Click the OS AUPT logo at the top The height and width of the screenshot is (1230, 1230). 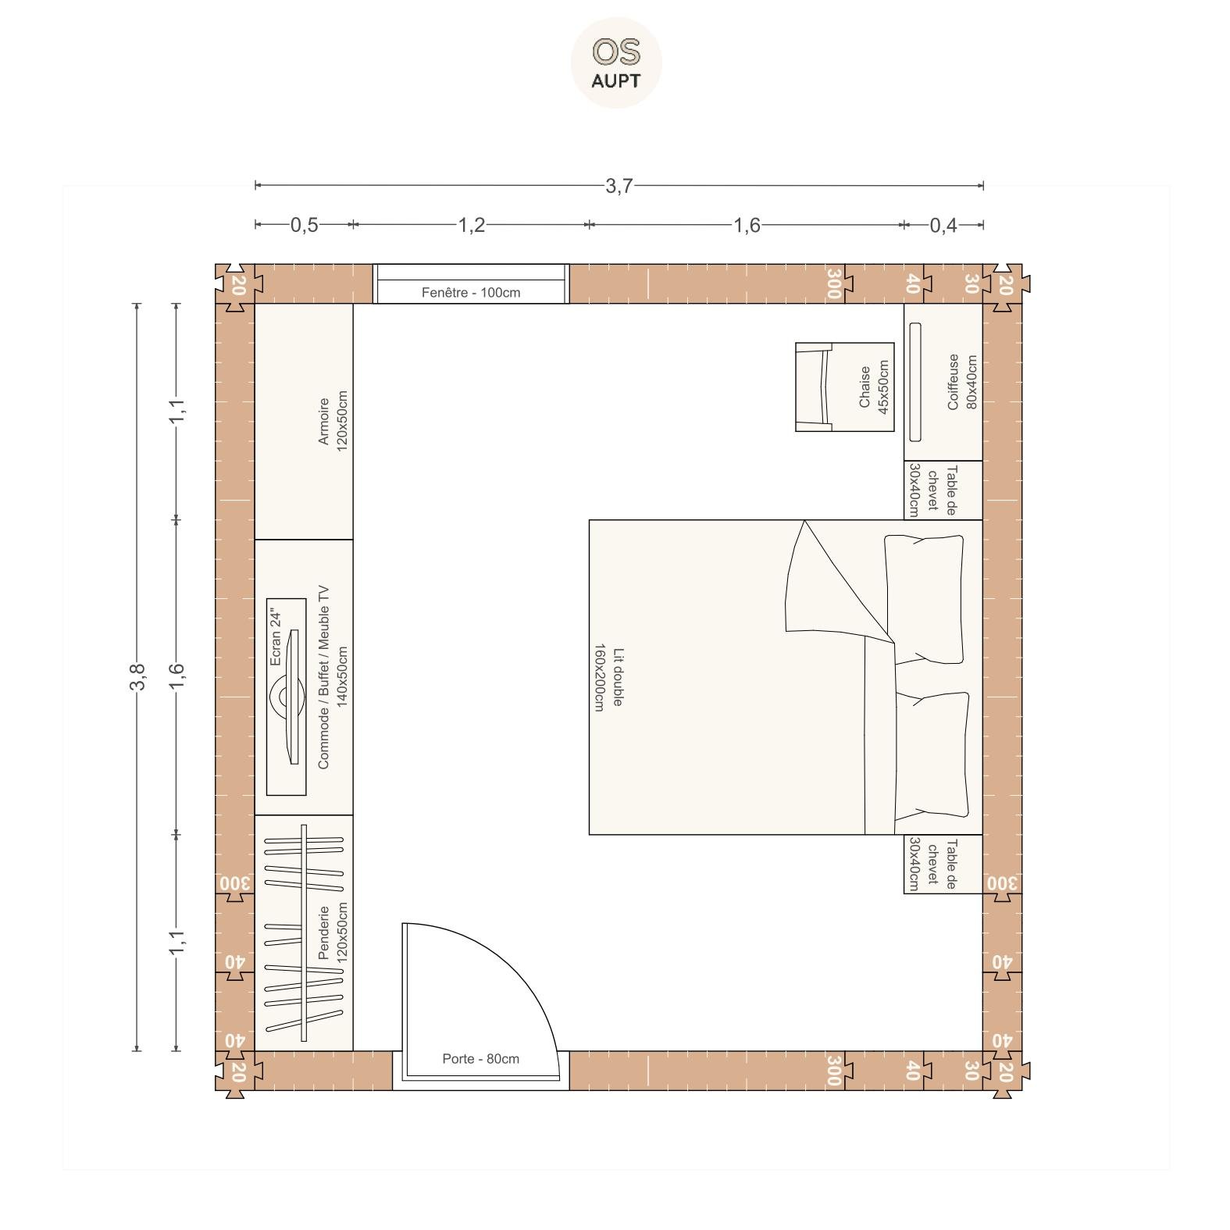pyautogui.click(x=616, y=62)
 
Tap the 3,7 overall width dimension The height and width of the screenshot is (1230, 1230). pyautogui.click(x=619, y=186)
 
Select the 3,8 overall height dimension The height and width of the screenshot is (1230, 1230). pyautogui.click(x=137, y=676)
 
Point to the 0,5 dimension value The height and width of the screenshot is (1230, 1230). pyautogui.click(x=305, y=225)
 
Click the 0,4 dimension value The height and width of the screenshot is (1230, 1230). pyautogui.click(x=943, y=225)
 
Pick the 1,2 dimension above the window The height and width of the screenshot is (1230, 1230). pyautogui.click(x=471, y=225)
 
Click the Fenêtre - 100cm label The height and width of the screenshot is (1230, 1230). pyautogui.click(x=471, y=293)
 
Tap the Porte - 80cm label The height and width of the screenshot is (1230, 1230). pyautogui.click(x=480, y=1059)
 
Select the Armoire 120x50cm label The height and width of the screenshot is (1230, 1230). pyautogui.click(x=333, y=422)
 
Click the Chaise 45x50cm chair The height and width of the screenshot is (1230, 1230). pyautogui.click(x=845, y=387)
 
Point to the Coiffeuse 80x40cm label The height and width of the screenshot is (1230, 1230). pyautogui.click(x=961, y=382)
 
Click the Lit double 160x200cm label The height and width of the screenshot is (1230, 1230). pyautogui.click(x=608, y=678)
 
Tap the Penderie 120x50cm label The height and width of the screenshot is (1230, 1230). pyautogui.click(x=333, y=932)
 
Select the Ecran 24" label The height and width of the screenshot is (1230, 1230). pyautogui.click(x=274, y=637)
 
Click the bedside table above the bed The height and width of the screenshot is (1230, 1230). pyautogui.click(x=943, y=490)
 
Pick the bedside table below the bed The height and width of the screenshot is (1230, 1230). pyautogui.click(x=943, y=864)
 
